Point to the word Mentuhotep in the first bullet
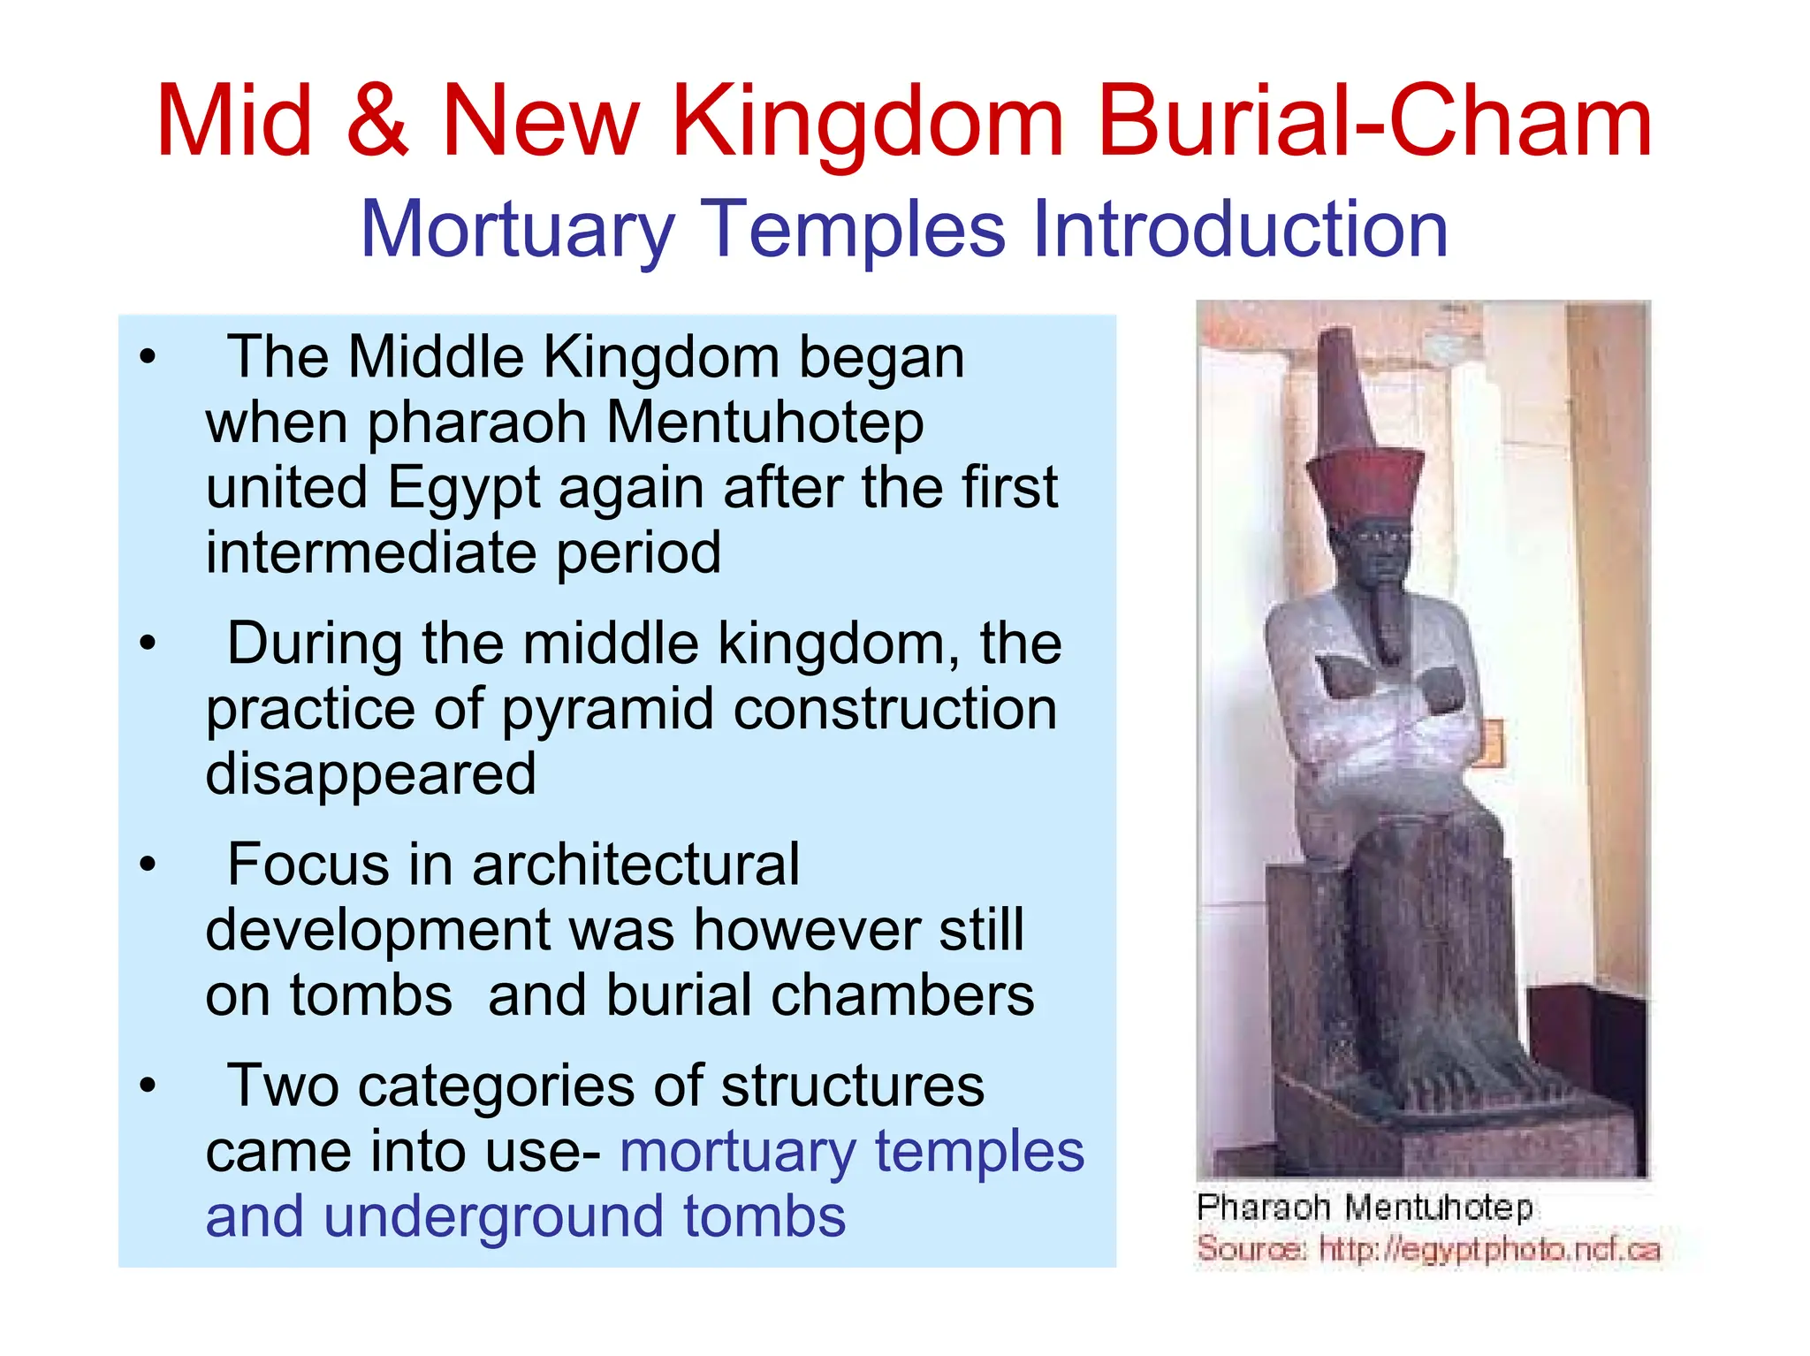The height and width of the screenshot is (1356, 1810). point(765,423)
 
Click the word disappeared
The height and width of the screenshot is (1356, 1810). point(371,773)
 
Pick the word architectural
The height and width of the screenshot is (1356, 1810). point(635,864)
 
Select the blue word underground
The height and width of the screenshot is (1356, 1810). point(495,1216)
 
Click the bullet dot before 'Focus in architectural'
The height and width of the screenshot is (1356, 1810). point(148,865)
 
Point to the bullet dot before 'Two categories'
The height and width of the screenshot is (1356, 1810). point(148,1086)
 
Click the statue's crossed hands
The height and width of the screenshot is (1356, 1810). point(1388,689)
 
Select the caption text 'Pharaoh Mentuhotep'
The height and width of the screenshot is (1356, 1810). point(1364,1207)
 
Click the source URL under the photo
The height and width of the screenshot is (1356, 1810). point(1489,1249)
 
